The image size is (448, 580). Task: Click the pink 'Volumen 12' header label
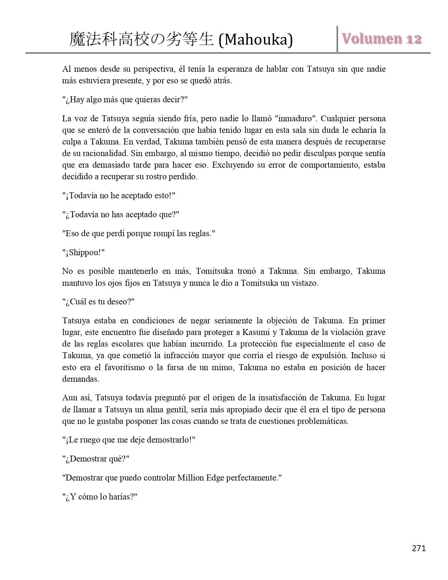click(382, 39)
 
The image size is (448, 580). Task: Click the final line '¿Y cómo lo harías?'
click(99, 497)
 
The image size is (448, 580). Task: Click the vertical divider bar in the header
click(337, 39)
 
